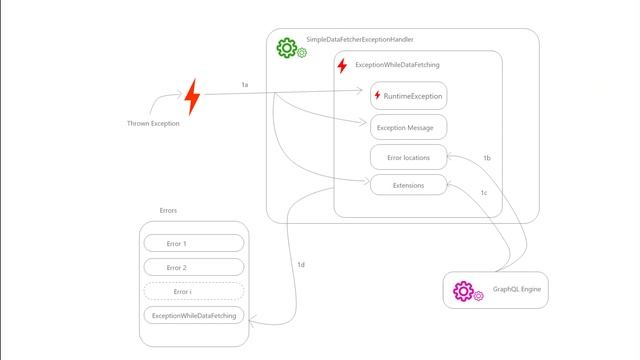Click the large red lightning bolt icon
click(x=193, y=97)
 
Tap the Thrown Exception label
click(x=153, y=123)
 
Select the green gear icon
click(x=288, y=47)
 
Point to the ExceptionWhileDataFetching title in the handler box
click(x=397, y=64)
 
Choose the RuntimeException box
click(x=408, y=96)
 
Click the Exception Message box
click(x=408, y=127)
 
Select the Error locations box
click(x=408, y=157)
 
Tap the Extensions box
click(x=408, y=185)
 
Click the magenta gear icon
click(x=463, y=290)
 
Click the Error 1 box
click(x=194, y=243)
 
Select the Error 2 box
click(x=194, y=267)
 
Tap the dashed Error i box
click(x=194, y=291)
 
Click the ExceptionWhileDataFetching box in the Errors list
click(x=194, y=315)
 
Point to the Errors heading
click(x=168, y=211)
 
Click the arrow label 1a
click(x=245, y=85)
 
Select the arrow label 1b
click(x=487, y=158)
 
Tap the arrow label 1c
click(x=484, y=193)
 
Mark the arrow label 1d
click(x=301, y=264)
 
